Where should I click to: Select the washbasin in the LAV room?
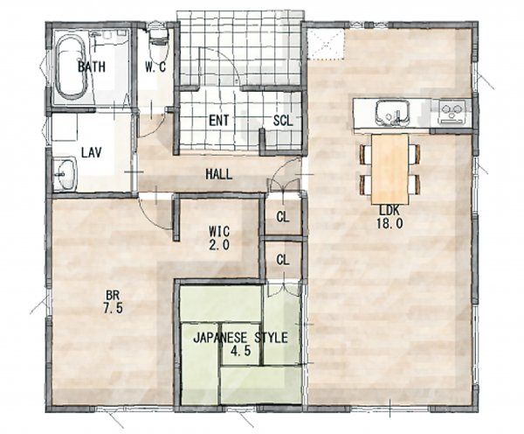(x=65, y=173)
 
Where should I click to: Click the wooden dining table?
(x=390, y=169)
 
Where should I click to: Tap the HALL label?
(x=219, y=174)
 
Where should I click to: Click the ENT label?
(x=219, y=121)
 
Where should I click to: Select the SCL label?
(x=283, y=121)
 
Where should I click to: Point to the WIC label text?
(x=219, y=231)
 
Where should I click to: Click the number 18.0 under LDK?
(x=390, y=223)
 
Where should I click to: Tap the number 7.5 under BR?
(x=113, y=308)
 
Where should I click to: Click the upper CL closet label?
(x=283, y=217)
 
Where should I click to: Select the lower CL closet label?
(x=283, y=260)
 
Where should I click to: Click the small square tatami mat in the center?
(x=241, y=344)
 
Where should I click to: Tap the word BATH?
(x=92, y=66)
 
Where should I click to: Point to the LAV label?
(x=91, y=153)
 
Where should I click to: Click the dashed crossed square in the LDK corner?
(x=326, y=45)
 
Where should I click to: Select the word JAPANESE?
(x=222, y=338)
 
